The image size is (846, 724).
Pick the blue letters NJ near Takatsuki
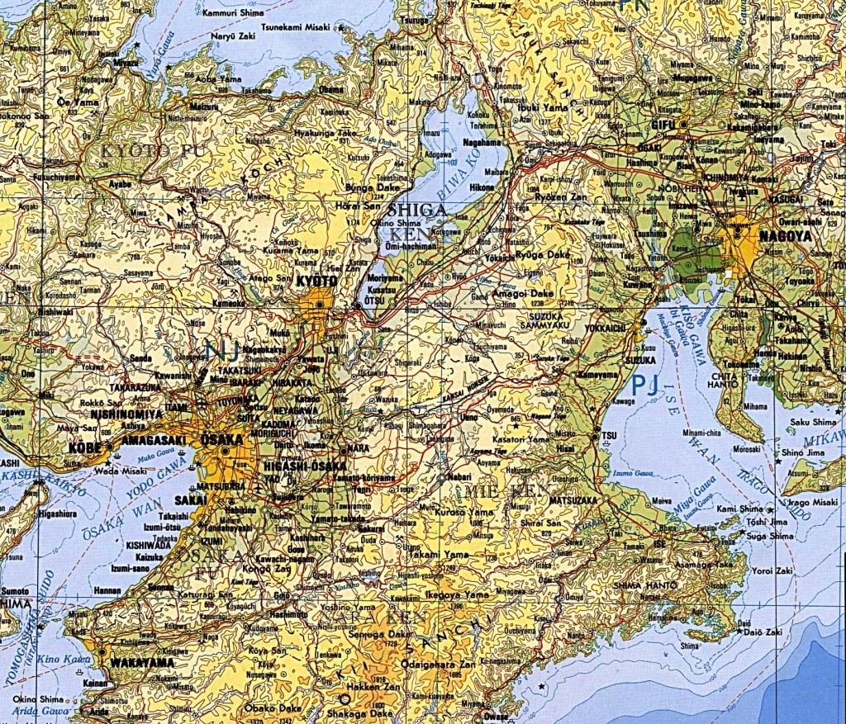[x=222, y=351]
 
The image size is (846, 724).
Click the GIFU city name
[x=663, y=124]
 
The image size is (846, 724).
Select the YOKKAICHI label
[x=607, y=327]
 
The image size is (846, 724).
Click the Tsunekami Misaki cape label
[x=296, y=27]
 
